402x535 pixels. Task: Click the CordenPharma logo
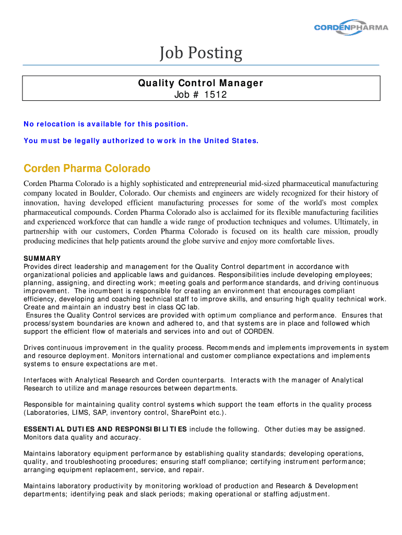351,27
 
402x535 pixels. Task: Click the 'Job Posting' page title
201,53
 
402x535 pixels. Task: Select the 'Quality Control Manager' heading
200,83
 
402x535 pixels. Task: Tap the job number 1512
216,95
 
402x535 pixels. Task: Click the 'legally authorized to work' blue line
141,141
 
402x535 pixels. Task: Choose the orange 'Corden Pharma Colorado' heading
87,169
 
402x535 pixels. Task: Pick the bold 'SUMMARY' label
42,259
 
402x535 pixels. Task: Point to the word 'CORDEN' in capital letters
258,332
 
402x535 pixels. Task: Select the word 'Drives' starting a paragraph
34,348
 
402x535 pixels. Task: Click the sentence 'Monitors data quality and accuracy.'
82,437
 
